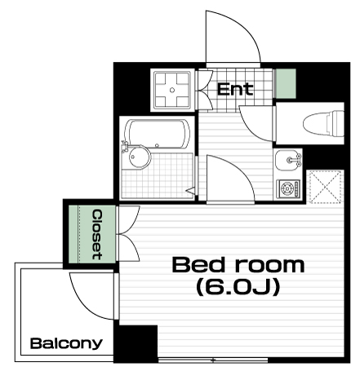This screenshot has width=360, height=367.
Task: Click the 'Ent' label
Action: [235, 89]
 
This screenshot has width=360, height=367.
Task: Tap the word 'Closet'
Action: [97, 234]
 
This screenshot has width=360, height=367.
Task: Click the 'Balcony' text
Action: [66, 344]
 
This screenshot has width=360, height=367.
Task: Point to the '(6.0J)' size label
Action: [238, 288]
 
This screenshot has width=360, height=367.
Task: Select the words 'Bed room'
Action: [238, 265]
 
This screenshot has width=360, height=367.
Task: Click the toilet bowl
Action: [323, 123]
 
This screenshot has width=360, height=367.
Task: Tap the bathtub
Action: [158, 135]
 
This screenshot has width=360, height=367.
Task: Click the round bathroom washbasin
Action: [140, 157]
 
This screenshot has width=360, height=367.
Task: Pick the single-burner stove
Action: [288, 188]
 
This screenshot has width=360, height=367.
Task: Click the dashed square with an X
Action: [326, 187]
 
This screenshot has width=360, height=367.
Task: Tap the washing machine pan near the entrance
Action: [172, 90]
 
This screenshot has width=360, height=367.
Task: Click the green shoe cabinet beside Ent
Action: [285, 83]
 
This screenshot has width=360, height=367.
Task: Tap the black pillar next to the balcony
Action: [136, 343]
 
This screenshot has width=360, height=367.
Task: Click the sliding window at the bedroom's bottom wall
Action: [213, 360]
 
